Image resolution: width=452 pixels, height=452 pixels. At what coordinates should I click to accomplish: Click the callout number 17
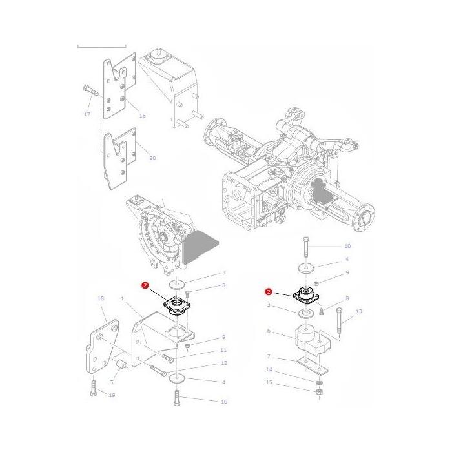click(x=87, y=114)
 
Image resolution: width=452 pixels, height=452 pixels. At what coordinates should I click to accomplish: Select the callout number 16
click(x=143, y=115)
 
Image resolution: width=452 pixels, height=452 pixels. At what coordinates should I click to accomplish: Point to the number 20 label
click(x=152, y=158)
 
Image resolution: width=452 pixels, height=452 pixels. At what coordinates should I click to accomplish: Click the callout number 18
click(x=101, y=299)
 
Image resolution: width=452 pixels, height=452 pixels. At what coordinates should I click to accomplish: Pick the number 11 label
click(x=223, y=350)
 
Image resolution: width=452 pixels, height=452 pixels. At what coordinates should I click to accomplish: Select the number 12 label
click(x=223, y=363)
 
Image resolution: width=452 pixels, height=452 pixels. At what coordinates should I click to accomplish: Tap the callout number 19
click(x=112, y=395)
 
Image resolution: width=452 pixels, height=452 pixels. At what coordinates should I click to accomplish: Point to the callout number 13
click(x=359, y=312)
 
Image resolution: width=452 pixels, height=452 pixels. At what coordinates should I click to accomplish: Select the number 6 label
click(x=268, y=331)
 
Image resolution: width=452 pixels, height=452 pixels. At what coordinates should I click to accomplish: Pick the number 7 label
click(x=268, y=356)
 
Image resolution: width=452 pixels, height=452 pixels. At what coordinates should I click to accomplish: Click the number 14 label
click(x=269, y=370)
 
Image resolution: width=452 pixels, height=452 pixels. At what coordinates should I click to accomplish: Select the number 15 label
click(x=269, y=382)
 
